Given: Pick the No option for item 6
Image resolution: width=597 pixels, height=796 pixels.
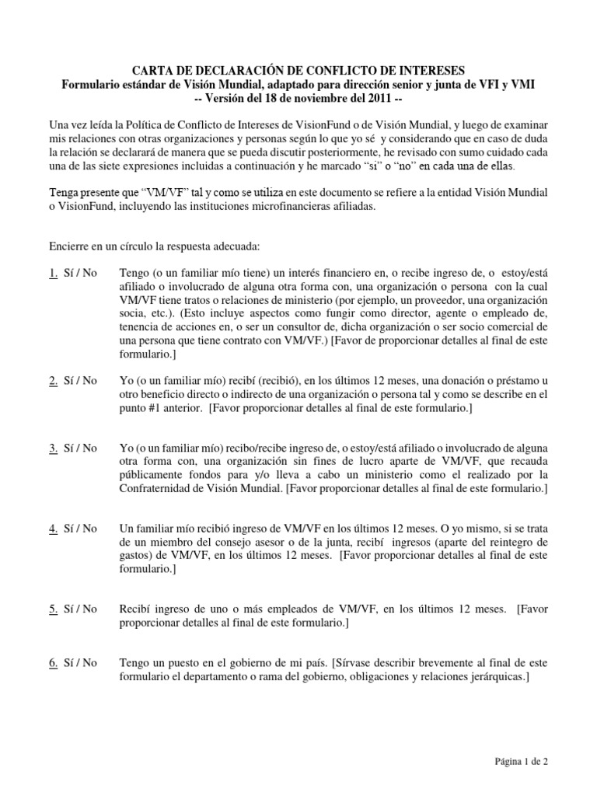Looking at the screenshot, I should [89, 662].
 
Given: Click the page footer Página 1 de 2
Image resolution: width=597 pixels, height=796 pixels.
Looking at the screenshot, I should [522, 763].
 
